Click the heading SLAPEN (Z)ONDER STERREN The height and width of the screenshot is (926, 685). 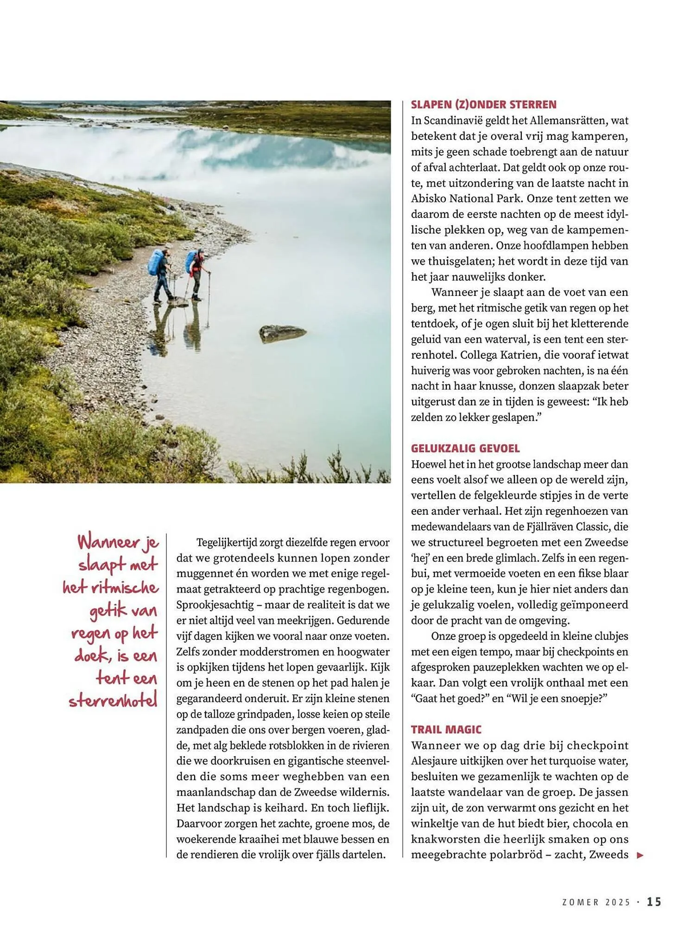[483, 105]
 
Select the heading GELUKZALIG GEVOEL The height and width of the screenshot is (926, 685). [465, 448]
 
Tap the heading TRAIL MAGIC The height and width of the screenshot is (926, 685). [446, 730]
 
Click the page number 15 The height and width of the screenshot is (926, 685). [654, 901]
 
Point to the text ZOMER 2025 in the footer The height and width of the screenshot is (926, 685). [596, 902]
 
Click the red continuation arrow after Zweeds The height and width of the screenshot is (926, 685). [640, 856]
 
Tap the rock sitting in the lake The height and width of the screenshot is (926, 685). [281, 332]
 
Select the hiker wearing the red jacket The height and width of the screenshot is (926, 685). [198, 274]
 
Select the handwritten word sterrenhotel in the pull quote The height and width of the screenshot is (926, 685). [114, 701]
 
